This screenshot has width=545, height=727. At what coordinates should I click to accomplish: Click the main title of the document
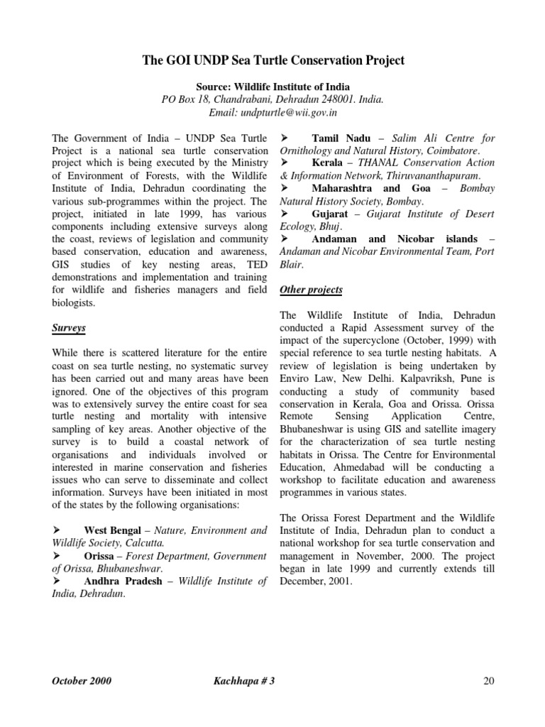pyautogui.click(x=273, y=60)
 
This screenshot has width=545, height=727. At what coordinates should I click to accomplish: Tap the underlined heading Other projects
pyautogui.click(x=311, y=290)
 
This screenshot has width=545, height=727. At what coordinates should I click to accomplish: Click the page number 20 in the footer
pyautogui.click(x=488, y=681)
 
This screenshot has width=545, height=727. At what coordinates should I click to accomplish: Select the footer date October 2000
pyautogui.click(x=82, y=681)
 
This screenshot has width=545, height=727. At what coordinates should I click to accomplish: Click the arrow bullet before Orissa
pyautogui.click(x=60, y=556)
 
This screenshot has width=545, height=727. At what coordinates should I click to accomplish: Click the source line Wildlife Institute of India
pyautogui.click(x=273, y=86)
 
